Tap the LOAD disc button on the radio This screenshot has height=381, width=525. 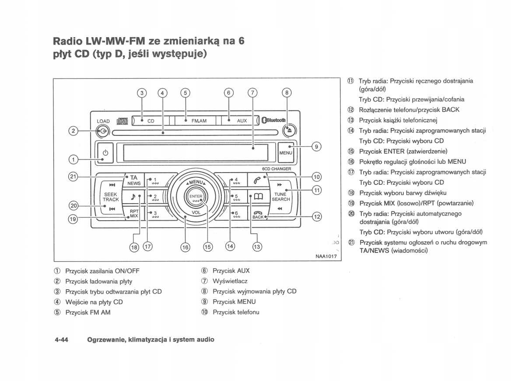coord(103,131)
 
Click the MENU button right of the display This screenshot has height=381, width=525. coord(285,153)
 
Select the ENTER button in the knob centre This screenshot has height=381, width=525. coord(196,198)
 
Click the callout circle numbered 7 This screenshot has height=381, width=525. coord(252,93)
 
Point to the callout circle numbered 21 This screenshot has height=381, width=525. coord(73,177)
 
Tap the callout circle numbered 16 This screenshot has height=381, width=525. coord(185,247)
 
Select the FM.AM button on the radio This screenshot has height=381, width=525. coord(199,121)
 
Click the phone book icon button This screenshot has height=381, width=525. coord(257,197)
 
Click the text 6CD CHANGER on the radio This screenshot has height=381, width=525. coord(276,169)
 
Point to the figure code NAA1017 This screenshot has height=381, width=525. coord(326,256)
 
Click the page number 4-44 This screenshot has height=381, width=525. coord(62,339)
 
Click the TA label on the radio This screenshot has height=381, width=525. coord(134,177)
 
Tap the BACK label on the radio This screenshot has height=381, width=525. coord(258,217)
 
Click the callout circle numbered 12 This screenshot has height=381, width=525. coord(317,216)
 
